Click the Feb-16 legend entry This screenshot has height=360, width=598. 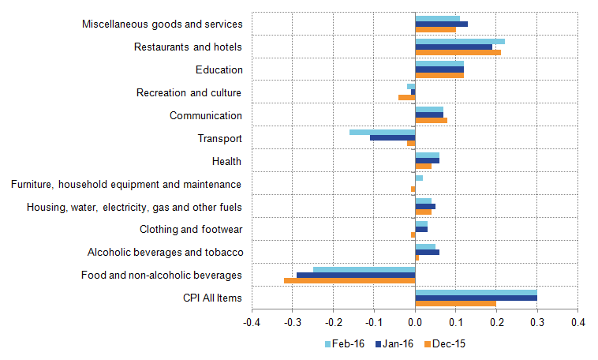click(x=345, y=343)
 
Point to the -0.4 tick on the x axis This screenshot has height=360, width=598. click(x=252, y=322)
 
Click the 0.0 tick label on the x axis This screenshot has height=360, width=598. click(x=415, y=322)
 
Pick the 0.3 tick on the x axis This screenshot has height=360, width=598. click(x=537, y=322)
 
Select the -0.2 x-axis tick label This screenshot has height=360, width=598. click(x=333, y=322)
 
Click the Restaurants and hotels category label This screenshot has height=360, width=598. click(x=188, y=47)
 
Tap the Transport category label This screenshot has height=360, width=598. click(x=219, y=139)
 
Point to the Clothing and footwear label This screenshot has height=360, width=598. click(x=190, y=230)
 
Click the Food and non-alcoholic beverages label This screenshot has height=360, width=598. click(x=162, y=276)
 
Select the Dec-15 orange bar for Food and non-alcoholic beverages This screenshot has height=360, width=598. click(x=349, y=280)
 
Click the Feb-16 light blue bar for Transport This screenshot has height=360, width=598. click(x=382, y=132)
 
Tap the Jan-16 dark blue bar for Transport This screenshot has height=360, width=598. click(x=392, y=137)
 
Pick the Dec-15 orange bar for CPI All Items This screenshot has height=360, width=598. click(x=455, y=303)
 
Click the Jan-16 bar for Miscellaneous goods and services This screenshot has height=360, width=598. click(x=441, y=24)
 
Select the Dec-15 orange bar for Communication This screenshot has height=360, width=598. click(x=431, y=121)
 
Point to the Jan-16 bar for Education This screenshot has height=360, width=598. click(x=439, y=69)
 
